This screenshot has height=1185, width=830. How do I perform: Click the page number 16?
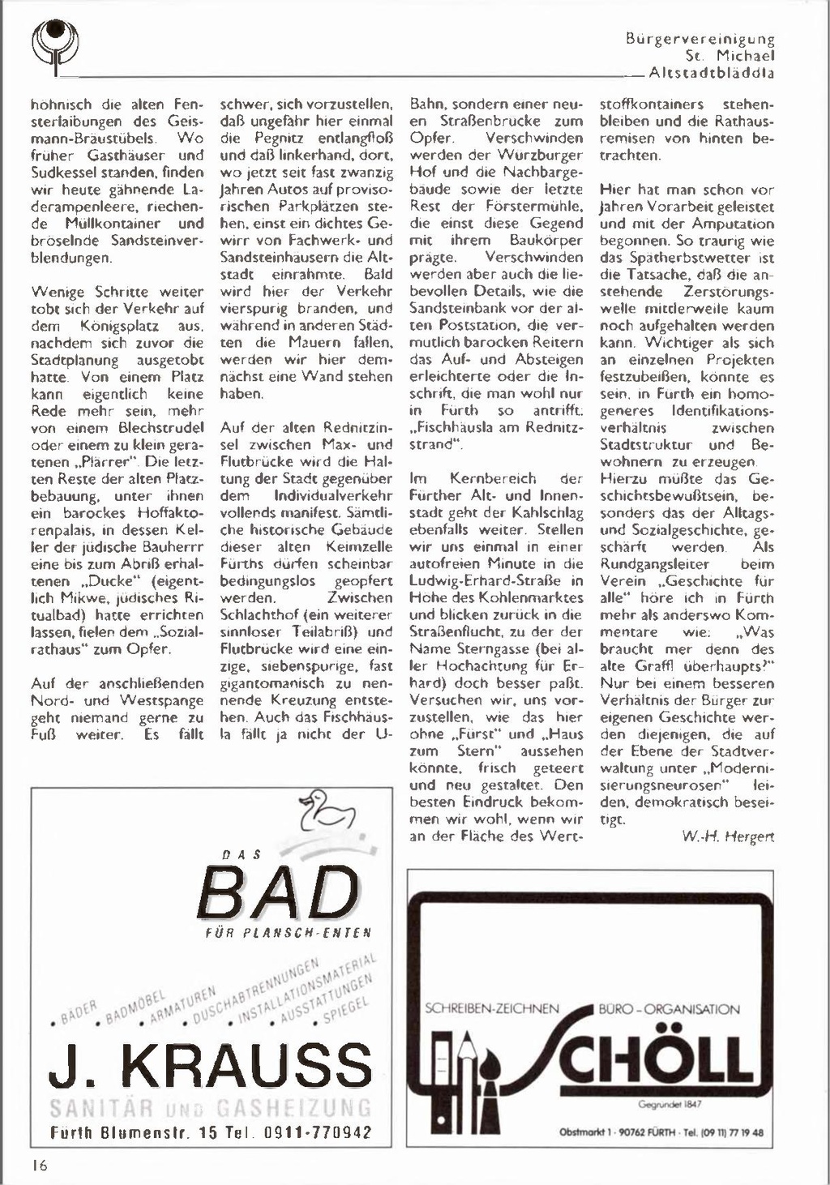[40, 1166]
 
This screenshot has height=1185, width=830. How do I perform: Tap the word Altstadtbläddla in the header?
[712, 73]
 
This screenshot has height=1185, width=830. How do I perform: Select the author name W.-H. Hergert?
[727, 836]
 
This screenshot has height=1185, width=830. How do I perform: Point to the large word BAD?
[278, 892]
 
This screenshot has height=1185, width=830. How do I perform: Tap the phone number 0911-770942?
[318, 1132]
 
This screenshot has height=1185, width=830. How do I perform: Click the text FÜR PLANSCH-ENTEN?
[289, 932]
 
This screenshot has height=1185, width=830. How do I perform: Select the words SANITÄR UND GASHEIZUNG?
[210, 1107]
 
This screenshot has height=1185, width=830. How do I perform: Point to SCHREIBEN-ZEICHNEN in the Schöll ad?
[492, 1009]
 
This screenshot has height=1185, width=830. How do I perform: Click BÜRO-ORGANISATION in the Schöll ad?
[669, 1009]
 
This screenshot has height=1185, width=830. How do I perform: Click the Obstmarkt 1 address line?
[661, 1132]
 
